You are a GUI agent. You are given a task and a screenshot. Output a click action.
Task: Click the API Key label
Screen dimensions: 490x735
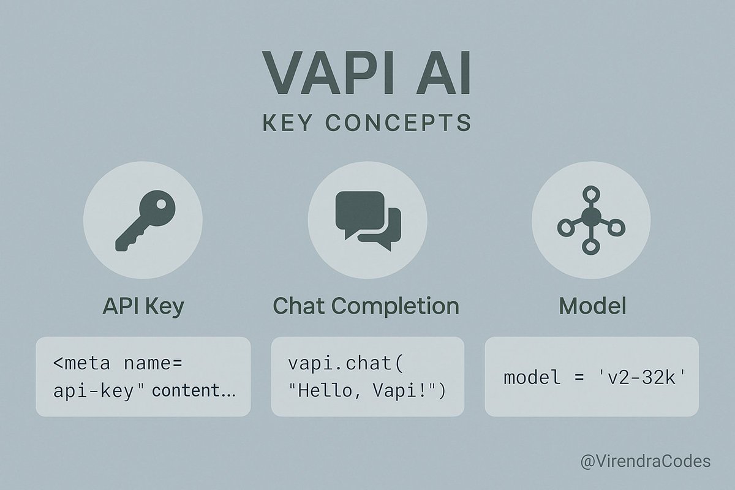(x=143, y=306)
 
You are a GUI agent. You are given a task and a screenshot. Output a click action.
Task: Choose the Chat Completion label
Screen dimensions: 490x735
(x=366, y=306)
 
